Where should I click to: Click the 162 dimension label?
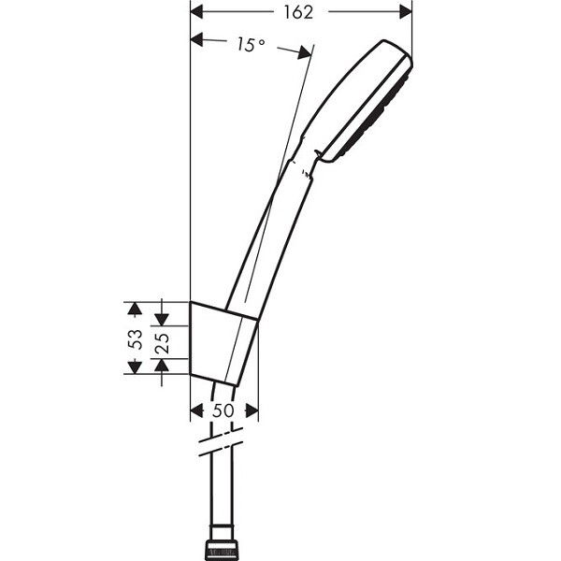pos(298,12)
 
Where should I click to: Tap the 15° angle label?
pos(252,45)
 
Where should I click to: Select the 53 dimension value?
pos(136,338)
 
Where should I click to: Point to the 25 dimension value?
pos(162,343)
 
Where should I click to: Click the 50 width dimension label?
pos(223,410)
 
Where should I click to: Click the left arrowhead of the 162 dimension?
pos(197,12)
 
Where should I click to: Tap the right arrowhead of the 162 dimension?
pos(406,12)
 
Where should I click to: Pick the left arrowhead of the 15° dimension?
pos(197,39)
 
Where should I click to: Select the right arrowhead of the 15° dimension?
pos(304,52)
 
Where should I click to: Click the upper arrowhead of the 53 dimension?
pos(135,309)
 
